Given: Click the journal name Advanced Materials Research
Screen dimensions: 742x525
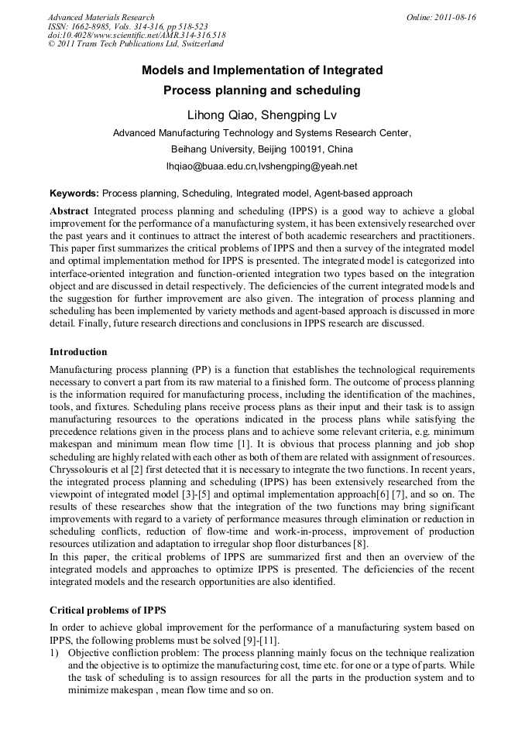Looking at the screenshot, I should pyautogui.click(x=101, y=17).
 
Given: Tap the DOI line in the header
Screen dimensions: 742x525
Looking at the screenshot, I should pyautogui.click(x=137, y=36).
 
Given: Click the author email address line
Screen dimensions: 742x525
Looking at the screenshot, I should pyautogui.click(x=262, y=166).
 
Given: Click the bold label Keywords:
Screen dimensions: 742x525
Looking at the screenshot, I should pyautogui.click(x=74, y=193).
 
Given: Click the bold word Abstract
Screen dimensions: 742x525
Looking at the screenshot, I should pyautogui.click(x=69, y=211).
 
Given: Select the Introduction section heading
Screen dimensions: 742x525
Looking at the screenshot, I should pyautogui.click(x=78, y=352).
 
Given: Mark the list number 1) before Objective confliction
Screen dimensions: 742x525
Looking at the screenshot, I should pyautogui.click(x=54, y=654).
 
